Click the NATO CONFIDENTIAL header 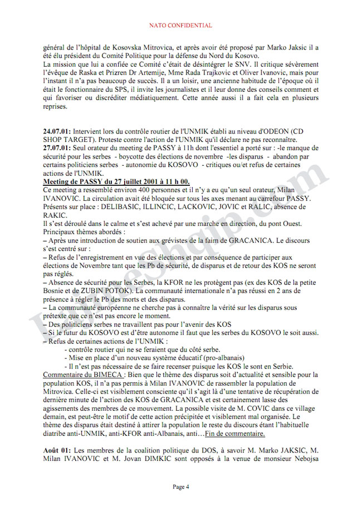click(181, 25)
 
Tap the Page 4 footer click(181, 486)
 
